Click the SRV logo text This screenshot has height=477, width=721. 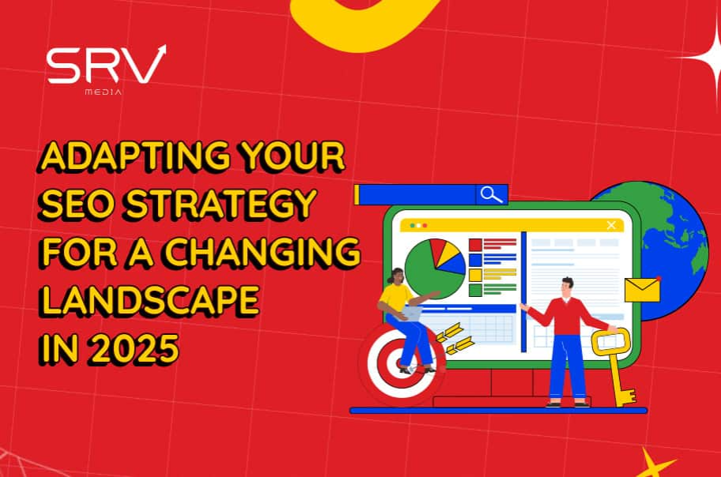coord(107,65)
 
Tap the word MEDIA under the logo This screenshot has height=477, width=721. coord(103,92)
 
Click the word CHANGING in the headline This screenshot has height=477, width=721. coord(262,252)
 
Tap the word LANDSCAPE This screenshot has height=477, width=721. coord(150,300)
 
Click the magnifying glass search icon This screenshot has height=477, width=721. coord(491,194)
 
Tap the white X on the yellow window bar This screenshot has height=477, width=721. coord(611,225)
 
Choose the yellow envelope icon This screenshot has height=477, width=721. coord(642,290)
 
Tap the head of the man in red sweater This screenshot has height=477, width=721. coord(567,288)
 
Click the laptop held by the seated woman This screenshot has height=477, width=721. coord(411,314)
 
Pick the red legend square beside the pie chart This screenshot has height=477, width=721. coord(475,245)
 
